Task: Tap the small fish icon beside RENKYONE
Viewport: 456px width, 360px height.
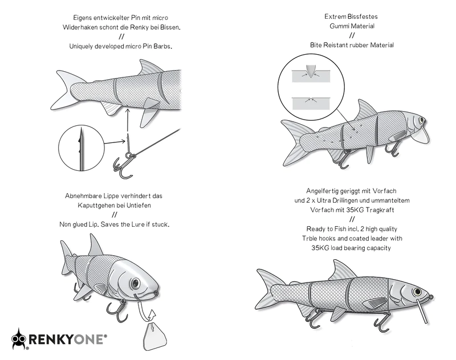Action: click(x=18, y=339)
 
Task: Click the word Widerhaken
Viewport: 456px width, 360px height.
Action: click(x=82, y=27)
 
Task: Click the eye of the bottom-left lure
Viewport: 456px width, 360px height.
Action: click(x=135, y=283)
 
